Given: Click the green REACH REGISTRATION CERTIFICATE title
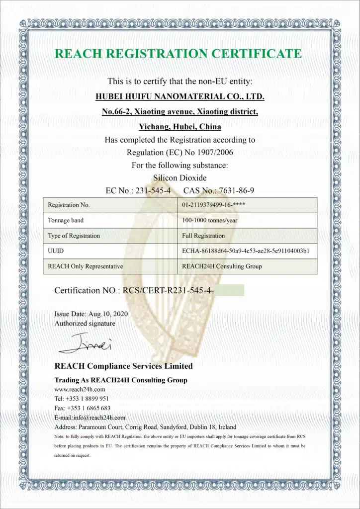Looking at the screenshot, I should [178, 54].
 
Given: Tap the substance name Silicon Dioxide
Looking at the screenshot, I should [180, 177].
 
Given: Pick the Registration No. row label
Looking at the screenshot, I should [69, 205].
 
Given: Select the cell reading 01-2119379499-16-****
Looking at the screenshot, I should [213, 205].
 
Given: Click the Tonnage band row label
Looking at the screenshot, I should [66, 220].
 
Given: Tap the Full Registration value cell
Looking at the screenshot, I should [203, 236].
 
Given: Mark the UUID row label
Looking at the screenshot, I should [55, 251].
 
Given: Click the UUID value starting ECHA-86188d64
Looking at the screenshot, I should [246, 251].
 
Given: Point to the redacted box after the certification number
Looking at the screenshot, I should [229, 290].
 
